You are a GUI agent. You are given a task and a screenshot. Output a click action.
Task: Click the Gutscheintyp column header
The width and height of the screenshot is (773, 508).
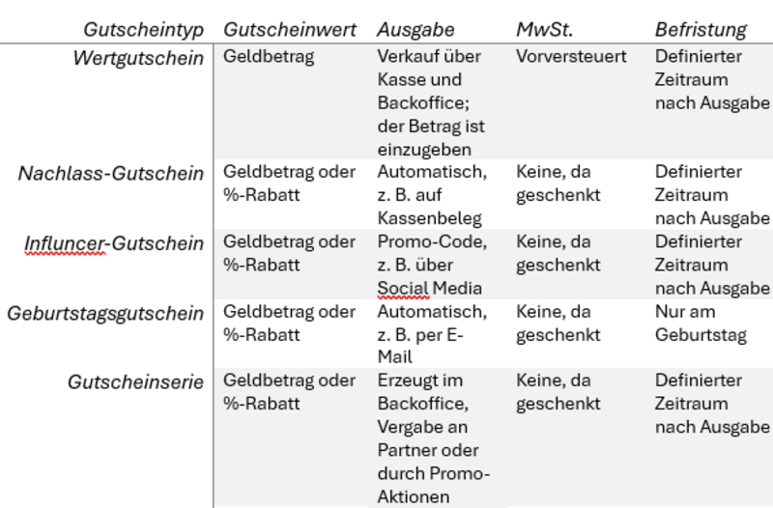click(x=143, y=30)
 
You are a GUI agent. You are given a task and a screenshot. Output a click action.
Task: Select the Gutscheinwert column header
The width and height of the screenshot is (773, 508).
click(x=290, y=30)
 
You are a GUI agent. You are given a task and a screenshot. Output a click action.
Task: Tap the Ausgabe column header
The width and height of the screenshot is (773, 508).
click(x=415, y=30)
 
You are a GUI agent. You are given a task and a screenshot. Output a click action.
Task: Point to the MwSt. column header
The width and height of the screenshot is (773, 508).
click(x=545, y=30)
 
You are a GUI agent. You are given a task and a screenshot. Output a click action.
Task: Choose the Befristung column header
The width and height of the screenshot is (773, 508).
click(x=701, y=30)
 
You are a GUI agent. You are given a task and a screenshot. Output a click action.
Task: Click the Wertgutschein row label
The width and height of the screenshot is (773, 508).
click(x=138, y=59)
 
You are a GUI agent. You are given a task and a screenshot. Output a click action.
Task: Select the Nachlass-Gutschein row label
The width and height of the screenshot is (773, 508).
click(x=111, y=174)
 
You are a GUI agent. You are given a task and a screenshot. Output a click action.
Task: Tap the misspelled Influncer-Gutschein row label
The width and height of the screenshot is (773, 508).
click(x=114, y=243)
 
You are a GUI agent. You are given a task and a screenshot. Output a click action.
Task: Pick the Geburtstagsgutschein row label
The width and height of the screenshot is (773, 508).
click(x=105, y=314)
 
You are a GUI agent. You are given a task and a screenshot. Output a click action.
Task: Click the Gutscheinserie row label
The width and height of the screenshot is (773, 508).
click(x=135, y=382)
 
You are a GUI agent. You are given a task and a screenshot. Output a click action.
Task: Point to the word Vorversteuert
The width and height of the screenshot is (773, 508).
click(x=571, y=57)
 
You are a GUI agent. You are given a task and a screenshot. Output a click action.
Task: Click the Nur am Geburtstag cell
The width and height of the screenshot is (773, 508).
click(x=701, y=324)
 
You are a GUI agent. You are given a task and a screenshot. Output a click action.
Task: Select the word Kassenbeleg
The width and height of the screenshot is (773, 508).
click(x=429, y=218)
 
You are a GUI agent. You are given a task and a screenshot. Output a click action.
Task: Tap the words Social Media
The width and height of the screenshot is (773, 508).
click(x=429, y=288)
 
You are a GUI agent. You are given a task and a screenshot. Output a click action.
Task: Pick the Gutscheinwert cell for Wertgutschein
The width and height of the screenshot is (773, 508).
click(x=269, y=57)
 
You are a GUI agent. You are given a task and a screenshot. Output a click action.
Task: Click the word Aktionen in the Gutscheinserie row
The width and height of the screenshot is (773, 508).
click(x=414, y=496)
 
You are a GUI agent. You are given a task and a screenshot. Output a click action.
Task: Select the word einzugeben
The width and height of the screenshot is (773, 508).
click(x=424, y=150)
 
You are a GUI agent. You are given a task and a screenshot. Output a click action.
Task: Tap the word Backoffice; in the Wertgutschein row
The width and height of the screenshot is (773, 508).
click(x=423, y=103)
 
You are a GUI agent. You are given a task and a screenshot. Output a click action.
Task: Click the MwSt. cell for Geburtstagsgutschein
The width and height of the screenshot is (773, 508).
click(x=558, y=324)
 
